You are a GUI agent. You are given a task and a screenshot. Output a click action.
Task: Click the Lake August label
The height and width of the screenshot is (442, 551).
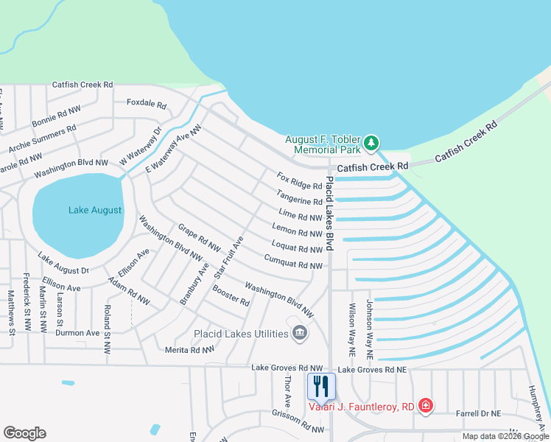[95, 210]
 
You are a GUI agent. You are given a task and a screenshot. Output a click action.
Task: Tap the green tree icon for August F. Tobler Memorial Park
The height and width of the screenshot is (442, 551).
[372, 141]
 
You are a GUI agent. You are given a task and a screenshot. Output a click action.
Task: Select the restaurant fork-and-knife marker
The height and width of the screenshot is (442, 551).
[320, 385]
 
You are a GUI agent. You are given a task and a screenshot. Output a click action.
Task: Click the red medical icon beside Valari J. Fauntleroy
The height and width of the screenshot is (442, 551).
[425, 406]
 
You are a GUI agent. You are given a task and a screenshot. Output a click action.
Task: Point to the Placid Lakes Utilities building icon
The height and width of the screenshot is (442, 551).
[300, 334]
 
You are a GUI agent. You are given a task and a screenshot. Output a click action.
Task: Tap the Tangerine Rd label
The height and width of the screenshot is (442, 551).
[299, 197]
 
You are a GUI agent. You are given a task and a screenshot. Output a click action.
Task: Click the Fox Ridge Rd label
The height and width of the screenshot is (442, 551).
[300, 181]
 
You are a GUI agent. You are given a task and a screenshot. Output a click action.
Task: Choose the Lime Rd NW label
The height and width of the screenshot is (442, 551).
[300, 217]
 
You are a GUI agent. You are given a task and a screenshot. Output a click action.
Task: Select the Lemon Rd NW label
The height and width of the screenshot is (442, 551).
[298, 232]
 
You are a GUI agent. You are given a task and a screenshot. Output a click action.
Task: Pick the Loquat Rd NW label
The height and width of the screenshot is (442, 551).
[297, 248]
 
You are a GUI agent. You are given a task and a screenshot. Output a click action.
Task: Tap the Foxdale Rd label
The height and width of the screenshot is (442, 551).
[147, 103]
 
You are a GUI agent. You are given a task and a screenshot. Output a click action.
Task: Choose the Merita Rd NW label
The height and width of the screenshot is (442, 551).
[189, 350]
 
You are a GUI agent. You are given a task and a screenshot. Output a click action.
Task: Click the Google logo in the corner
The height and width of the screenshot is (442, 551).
[24, 432]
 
